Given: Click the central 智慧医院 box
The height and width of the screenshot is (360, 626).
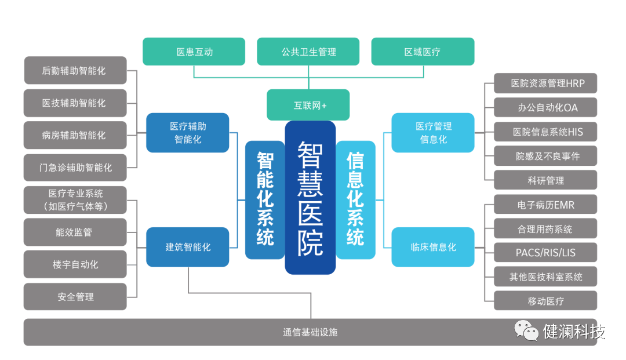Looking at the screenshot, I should tap(310, 197).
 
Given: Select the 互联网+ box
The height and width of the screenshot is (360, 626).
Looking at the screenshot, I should tap(308, 105).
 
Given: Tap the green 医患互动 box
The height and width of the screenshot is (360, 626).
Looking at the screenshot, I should tap(194, 52).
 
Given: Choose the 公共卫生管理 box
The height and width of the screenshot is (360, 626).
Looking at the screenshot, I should tap(308, 52).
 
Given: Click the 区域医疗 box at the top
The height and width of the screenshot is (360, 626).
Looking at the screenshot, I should tap(423, 52).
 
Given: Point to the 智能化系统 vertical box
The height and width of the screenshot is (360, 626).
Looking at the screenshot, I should tap(265, 199).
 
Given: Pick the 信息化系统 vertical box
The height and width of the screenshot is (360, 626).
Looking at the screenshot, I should tap(355, 199).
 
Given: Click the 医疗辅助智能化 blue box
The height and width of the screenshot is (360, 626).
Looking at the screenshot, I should tap(188, 133).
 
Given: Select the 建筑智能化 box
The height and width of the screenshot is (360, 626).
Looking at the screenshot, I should tap(188, 247).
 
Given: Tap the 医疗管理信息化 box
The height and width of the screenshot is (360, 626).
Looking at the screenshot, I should tap(433, 133).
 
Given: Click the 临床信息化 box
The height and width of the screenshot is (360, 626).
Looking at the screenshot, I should tap(433, 247).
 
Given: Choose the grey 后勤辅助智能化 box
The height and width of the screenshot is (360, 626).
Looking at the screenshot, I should tap(75, 71).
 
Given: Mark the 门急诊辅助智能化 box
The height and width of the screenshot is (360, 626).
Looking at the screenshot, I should tap(75, 168).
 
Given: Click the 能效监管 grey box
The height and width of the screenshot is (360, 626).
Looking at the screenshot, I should tap(75, 232).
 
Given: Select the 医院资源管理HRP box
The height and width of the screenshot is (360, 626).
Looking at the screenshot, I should tap(545, 83).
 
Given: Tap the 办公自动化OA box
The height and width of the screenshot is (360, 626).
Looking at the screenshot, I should tap(545, 108).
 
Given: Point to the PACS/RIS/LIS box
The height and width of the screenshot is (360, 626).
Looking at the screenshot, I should tap(545, 253).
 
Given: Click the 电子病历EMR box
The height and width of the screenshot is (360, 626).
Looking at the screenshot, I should tap(545, 205).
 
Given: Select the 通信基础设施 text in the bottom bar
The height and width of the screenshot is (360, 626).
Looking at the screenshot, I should tap(310, 332).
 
